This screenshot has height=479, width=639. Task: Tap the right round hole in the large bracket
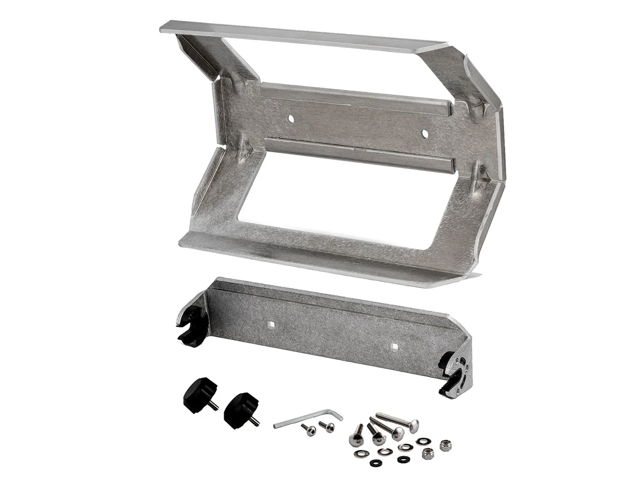pos(424,132)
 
